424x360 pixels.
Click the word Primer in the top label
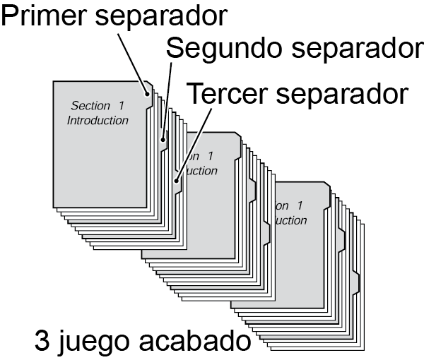44,16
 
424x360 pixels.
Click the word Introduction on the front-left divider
98,120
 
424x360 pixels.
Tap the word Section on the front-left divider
91,106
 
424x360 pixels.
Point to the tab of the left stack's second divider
163,139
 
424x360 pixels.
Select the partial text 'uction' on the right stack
290,220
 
